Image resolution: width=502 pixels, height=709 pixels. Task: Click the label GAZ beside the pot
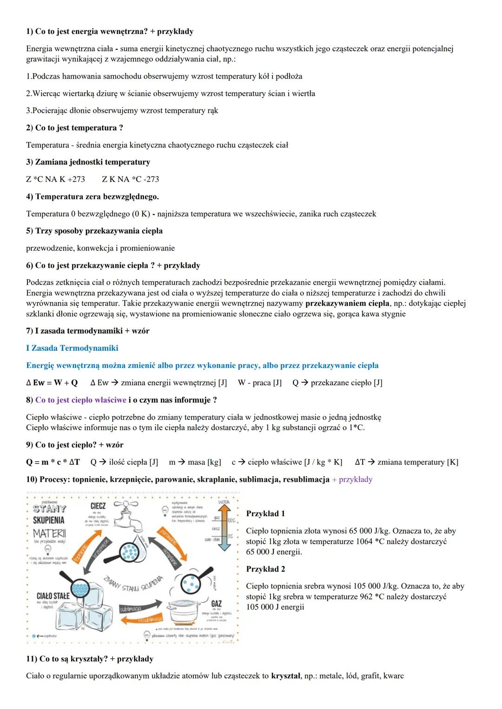point(216,604)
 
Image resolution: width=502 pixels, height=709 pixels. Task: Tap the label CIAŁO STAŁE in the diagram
point(53,596)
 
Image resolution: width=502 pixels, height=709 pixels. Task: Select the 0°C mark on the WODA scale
point(231,536)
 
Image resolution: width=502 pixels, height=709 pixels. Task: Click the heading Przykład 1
point(265,513)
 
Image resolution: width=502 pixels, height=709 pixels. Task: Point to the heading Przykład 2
point(265,569)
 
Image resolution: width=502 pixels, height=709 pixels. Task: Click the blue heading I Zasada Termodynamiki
point(72,348)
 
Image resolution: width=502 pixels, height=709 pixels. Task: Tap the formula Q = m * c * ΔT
point(53,462)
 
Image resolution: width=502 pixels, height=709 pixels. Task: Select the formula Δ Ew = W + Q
point(52,382)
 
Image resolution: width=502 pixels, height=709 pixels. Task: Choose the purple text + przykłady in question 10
point(352,479)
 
